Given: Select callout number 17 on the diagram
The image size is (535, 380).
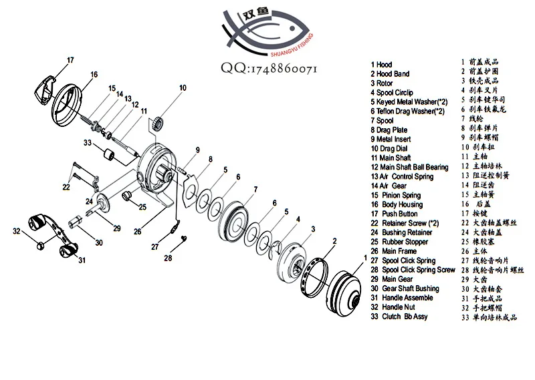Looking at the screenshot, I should coord(70,61).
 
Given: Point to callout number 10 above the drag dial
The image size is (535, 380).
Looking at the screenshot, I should coord(183,87).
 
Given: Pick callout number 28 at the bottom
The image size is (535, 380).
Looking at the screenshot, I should coord(169,258).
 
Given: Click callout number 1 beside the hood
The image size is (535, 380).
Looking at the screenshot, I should coord(364,256).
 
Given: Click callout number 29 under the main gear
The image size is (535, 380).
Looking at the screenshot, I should coord(116,228).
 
